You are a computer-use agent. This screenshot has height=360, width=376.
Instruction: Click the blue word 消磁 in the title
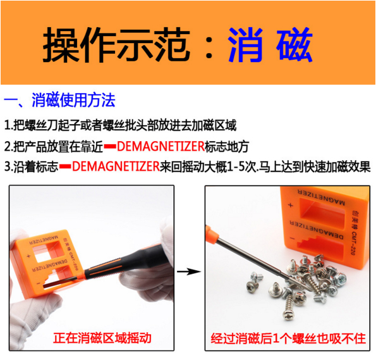[x=270, y=45]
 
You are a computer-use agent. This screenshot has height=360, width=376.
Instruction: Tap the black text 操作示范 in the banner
[x=116, y=45]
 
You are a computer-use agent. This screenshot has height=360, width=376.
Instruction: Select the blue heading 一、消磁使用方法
[x=59, y=100]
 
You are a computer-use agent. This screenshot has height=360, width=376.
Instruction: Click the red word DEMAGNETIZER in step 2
[x=161, y=146]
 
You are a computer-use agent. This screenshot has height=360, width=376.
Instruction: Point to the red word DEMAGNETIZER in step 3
[x=116, y=166]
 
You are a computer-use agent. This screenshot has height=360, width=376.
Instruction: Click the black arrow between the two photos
[x=189, y=271]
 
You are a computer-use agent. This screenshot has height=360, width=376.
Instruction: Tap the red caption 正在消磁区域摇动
[x=102, y=338]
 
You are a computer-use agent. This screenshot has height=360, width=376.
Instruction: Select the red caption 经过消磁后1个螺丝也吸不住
[x=288, y=338]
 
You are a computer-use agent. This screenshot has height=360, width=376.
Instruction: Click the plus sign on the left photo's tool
[x=28, y=256]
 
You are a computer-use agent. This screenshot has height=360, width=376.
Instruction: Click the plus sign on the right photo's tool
[x=291, y=206]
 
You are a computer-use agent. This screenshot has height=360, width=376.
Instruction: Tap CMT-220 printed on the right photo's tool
[x=354, y=244]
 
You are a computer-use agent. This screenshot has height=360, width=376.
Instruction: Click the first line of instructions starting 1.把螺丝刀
[x=120, y=125]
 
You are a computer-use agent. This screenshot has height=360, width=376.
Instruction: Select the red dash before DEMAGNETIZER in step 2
[x=110, y=146]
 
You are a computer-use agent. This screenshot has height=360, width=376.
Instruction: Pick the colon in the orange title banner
[x=209, y=45]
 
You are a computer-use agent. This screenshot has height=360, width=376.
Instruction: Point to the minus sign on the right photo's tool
[x=292, y=239]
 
